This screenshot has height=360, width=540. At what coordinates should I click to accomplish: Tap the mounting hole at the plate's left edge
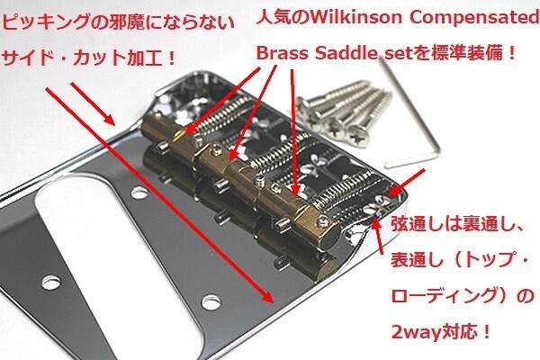50,283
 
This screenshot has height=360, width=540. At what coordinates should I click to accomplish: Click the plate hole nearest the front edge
211,302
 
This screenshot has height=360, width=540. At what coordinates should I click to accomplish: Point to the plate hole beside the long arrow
139,193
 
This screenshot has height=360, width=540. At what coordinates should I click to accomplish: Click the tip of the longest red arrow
274,303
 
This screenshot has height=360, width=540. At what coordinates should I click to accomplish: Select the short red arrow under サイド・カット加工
93,103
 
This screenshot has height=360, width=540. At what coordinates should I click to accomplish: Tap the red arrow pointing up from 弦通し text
379,237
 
